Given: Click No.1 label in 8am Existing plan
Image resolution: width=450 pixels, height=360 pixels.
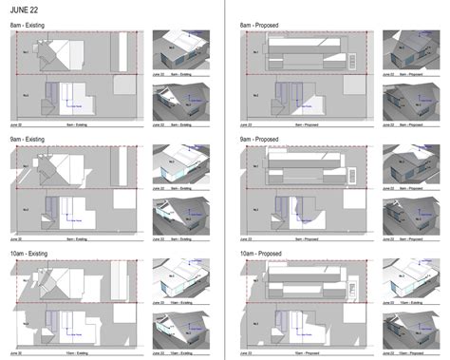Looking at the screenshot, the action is coord(26,52).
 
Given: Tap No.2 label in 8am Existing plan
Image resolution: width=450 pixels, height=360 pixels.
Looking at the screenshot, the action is coord(26,96).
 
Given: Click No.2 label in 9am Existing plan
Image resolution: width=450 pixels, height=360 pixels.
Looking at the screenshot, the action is coord(26,208).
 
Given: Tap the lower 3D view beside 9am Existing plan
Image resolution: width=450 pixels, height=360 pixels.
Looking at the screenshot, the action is coord(180,213).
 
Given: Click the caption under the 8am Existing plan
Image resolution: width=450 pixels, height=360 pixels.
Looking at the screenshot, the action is coord(76,124).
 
